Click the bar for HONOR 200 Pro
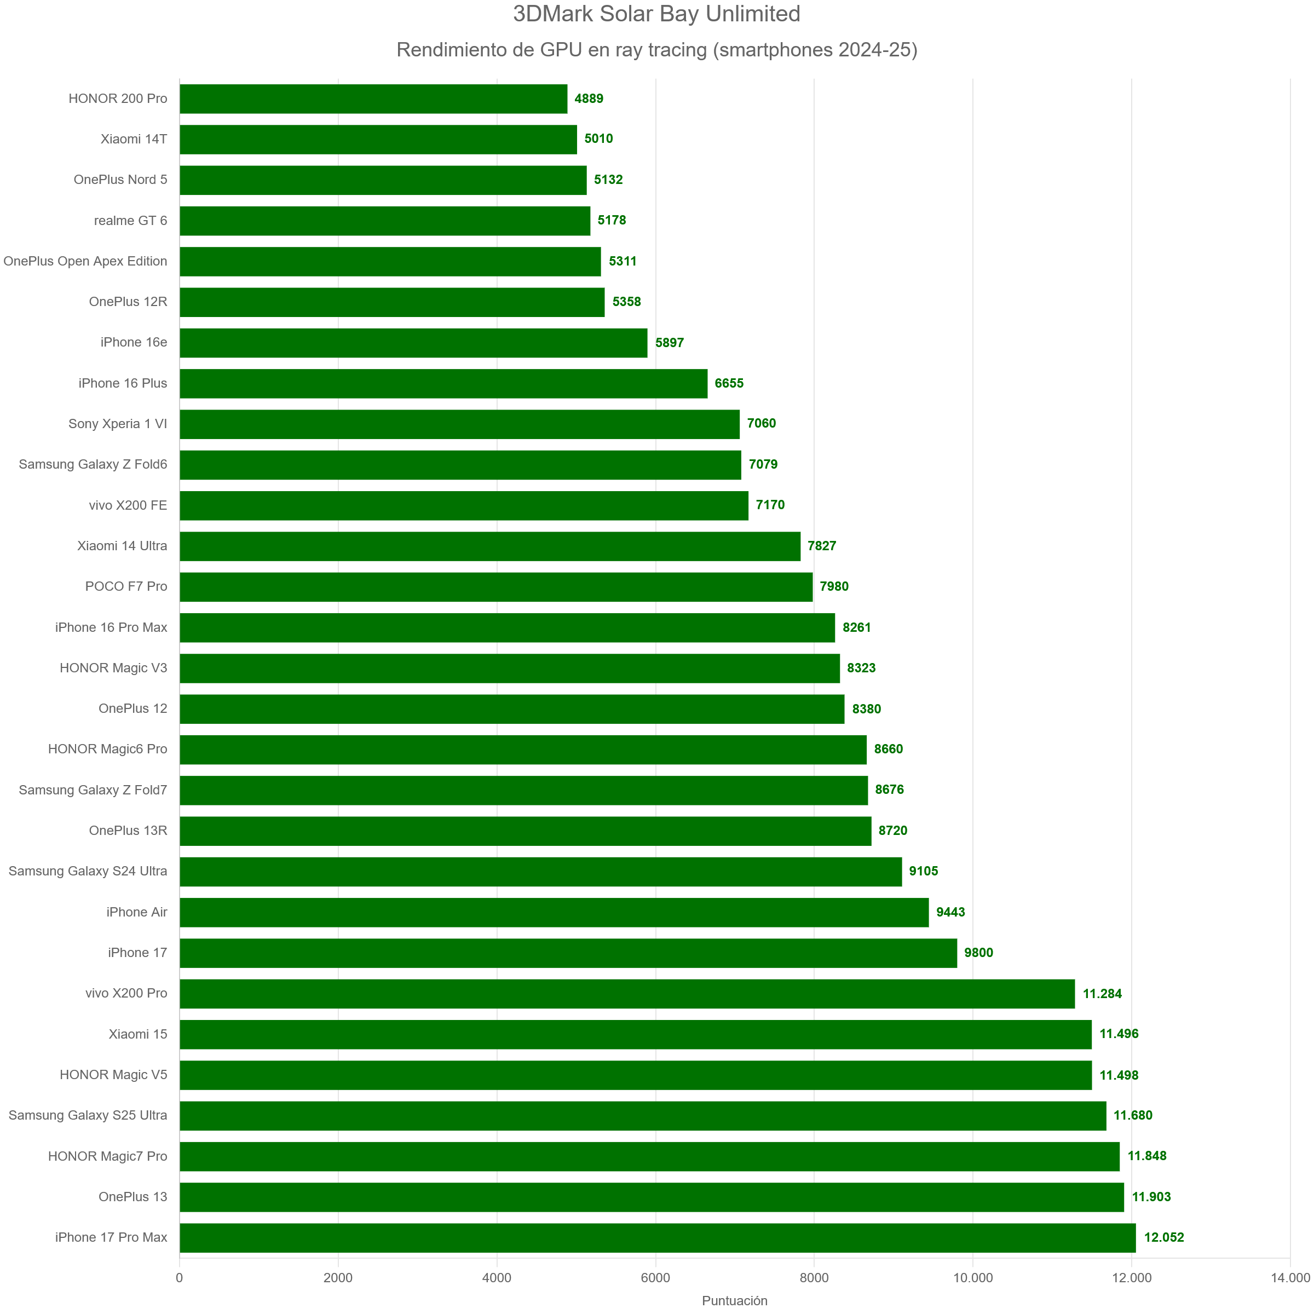point(373,99)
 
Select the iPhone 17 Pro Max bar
point(657,1237)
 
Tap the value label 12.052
point(1163,1237)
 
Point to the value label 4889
point(589,99)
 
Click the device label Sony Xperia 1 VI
point(118,424)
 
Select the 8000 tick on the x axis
point(814,1277)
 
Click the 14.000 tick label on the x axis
point(1289,1277)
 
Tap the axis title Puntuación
point(735,1300)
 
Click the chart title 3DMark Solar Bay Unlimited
point(656,14)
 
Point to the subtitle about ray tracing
point(656,50)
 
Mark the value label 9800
point(978,952)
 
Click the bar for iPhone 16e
point(413,343)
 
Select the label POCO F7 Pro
point(126,586)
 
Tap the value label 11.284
point(1102,993)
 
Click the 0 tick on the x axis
point(180,1277)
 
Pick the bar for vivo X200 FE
point(464,505)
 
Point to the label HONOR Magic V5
point(113,1075)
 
